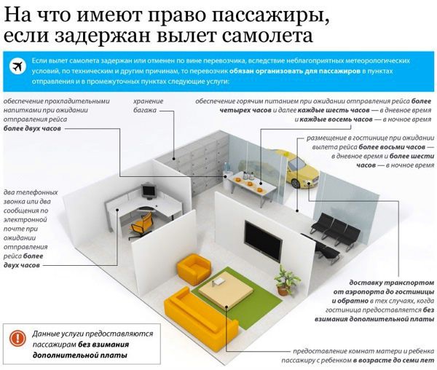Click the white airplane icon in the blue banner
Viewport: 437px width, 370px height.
coord(17,67)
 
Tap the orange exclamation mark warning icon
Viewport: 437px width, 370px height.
coord(17,338)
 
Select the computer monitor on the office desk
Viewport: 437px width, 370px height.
coord(148,191)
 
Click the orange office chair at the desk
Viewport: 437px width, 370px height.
coord(141,226)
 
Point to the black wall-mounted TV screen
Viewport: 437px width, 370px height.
coord(263,240)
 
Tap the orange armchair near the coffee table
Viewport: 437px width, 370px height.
coord(194,268)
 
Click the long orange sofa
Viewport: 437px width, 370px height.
coord(200,321)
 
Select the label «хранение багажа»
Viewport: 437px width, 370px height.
coord(148,106)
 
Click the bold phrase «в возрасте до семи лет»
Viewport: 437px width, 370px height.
coord(394,361)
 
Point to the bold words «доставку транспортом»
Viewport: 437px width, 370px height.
coord(392,283)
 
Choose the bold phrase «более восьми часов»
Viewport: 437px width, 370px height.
coord(392,147)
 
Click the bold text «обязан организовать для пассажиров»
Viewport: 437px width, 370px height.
coord(295,71)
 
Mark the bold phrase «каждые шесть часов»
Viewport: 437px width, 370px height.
coord(334,110)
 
